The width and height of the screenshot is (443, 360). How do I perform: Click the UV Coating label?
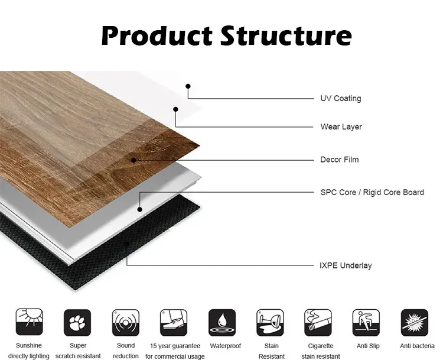click(x=341, y=98)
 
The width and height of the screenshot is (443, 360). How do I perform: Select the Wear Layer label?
click(x=341, y=127)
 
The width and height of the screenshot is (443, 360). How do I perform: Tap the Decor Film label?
click(x=339, y=160)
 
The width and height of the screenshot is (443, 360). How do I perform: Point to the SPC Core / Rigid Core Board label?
click(x=372, y=192)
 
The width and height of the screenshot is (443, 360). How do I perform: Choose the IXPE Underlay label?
click(x=346, y=265)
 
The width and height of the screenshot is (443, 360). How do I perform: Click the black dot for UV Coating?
click(x=188, y=86)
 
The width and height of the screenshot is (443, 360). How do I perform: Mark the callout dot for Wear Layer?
click(x=175, y=109)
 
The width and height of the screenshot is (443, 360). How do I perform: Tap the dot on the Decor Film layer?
click(x=133, y=160)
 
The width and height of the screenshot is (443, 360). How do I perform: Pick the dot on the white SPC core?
click(x=139, y=209)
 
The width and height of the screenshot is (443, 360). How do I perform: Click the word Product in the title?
click(x=157, y=35)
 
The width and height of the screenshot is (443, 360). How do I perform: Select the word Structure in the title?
click(x=286, y=35)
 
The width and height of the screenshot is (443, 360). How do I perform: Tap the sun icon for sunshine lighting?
click(x=30, y=322)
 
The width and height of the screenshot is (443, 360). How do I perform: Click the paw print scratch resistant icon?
click(x=77, y=323)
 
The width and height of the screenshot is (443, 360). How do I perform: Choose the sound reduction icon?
click(x=126, y=323)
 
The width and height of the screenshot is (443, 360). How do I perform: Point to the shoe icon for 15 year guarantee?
click(x=174, y=323)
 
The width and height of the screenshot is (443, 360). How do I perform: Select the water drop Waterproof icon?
click(x=222, y=323)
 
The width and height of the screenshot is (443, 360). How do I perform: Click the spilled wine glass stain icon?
click(x=270, y=323)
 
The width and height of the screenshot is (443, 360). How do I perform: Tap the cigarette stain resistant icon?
click(x=318, y=323)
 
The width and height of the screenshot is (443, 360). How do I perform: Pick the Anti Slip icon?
click(x=366, y=323)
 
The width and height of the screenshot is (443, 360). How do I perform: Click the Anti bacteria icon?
click(x=415, y=323)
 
